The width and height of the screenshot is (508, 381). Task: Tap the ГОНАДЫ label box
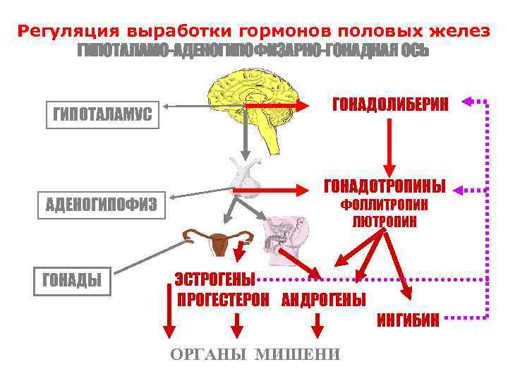72,280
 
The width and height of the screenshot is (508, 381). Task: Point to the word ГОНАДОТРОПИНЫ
385,188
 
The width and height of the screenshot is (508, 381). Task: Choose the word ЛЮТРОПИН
385,222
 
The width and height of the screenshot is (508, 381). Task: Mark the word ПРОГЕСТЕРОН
223,299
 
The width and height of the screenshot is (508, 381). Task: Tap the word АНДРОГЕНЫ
324,299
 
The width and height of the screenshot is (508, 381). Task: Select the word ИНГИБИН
408,321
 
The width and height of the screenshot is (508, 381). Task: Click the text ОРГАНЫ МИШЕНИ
255,354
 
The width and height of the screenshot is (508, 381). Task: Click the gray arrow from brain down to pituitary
246,134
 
